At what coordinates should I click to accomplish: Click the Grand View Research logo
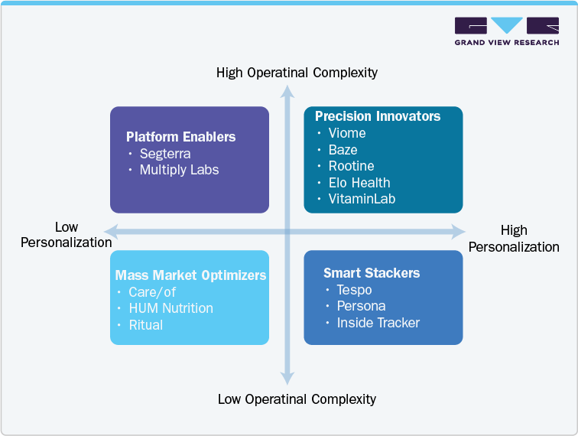point(506,32)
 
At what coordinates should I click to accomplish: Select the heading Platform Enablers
point(180,137)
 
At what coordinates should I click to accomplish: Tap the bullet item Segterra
point(165,154)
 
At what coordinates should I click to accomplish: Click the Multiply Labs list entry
point(179,170)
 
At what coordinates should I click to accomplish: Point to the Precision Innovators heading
point(378,116)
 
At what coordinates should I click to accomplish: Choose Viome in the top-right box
point(346,133)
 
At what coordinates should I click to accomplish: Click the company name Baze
point(343,150)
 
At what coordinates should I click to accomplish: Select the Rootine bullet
point(351,166)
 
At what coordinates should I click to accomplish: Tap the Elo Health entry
point(359,183)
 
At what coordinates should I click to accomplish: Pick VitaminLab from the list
point(362,199)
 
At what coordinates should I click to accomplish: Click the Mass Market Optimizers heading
point(190,275)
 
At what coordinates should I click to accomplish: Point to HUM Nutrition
point(170,308)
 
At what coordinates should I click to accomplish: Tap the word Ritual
point(146,324)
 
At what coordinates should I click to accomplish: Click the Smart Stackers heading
point(372,273)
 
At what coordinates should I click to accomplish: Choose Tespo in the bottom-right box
point(354,290)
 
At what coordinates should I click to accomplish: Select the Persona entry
point(361,306)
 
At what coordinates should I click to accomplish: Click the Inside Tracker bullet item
point(378,323)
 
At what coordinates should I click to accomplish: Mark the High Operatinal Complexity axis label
point(297,73)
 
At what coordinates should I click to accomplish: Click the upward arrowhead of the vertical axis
point(287,93)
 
